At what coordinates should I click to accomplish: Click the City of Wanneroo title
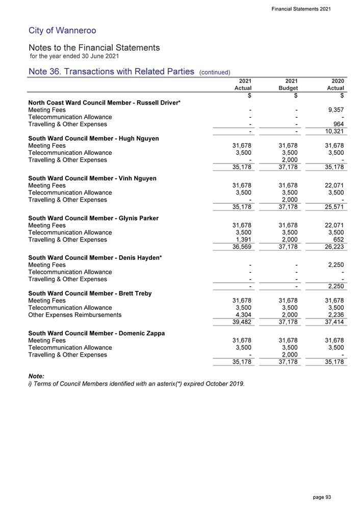coord(62,31)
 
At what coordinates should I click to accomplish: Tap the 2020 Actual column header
coord(334,85)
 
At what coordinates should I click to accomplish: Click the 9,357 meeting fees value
coord(335,110)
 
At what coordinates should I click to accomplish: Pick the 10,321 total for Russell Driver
coord(334,132)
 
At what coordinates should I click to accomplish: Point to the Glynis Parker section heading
coord(93,218)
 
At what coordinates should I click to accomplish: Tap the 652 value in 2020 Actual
coord(338,239)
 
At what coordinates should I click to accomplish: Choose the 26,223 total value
coord(334,247)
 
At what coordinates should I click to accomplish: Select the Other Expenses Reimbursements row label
coord(75,315)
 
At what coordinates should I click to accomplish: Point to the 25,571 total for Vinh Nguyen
coord(334,207)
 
